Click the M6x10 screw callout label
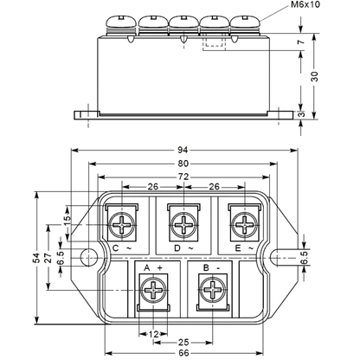coord(305,5)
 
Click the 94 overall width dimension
coord(183,150)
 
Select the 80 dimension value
coord(183,164)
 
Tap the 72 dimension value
coord(183,177)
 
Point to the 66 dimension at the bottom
coord(183,353)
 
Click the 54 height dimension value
coord(36,258)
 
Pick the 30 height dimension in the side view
coord(315,76)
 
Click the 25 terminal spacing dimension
coord(183,343)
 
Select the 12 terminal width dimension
coord(153,335)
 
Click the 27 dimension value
coord(48,258)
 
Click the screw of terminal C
coord(122,225)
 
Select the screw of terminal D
coord(183,225)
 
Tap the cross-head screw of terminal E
coord(244,225)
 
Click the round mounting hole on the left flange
coord(88,258)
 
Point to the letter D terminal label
coord(177,248)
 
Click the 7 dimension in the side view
coord(301,42)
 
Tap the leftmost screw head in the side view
coord(121,22)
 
